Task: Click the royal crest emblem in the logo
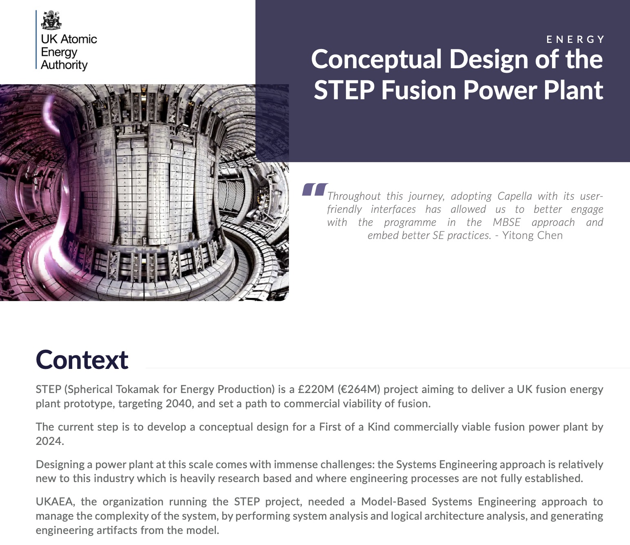click(51, 20)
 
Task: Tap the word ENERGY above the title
click(575, 39)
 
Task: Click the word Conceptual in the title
click(376, 60)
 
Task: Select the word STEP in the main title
click(344, 90)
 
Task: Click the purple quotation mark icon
click(315, 189)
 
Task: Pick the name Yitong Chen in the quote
click(532, 235)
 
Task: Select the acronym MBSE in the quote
click(506, 222)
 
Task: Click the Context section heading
click(82, 360)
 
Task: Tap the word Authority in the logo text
click(64, 65)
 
